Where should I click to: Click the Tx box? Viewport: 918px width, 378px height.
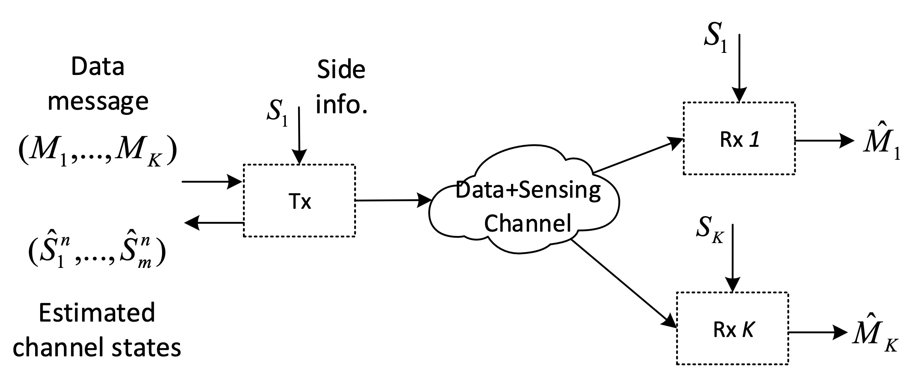299,200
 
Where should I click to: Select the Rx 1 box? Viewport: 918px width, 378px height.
739,138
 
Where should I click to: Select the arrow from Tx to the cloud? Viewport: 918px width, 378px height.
393,200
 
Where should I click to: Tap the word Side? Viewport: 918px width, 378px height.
341,70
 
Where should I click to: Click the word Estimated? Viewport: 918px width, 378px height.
97,313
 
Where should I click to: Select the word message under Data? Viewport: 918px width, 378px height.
98,101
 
